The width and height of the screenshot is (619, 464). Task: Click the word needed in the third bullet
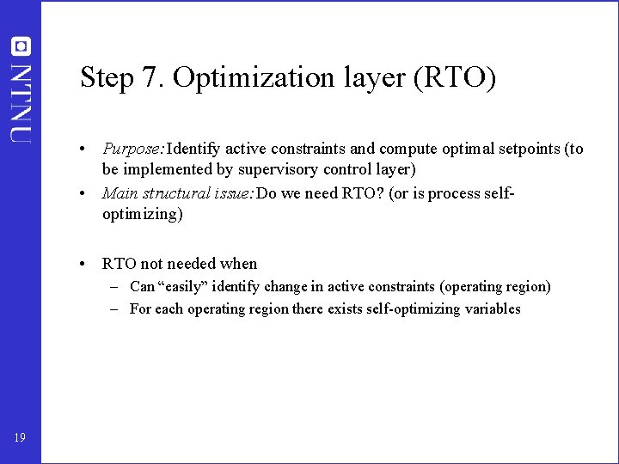click(193, 264)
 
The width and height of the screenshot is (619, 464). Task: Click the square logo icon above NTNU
click(20, 46)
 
